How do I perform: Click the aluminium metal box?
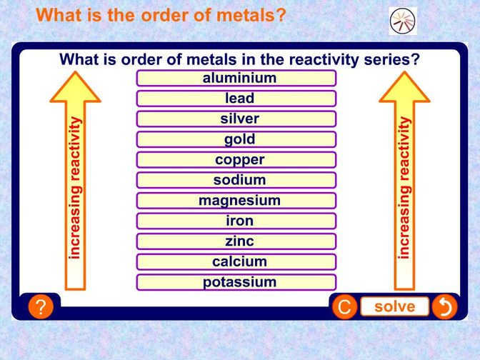(236, 79)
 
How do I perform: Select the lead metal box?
(236, 99)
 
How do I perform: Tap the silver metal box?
(236, 119)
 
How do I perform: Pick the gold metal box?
(236, 139)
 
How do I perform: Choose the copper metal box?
(236, 160)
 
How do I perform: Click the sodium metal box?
(236, 180)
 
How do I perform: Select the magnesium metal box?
(236, 201)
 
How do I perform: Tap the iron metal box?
(236, 221)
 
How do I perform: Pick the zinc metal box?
(236, 241)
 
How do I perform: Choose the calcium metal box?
(236, 262)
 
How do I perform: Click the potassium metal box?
(236, 282)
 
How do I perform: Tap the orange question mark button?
(41, 307)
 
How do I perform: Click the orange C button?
(344, 307)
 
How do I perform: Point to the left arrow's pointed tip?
(74, 70)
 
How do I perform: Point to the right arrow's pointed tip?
(404, 70)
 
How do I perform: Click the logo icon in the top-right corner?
(402, 21)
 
